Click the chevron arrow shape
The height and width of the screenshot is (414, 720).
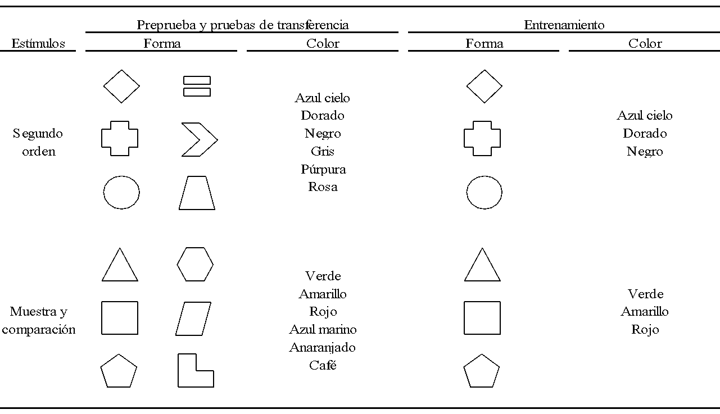click(x=198, y=139)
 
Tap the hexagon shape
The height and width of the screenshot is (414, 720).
click(x=195, y=264)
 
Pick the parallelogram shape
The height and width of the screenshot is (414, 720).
click(x=193, y=319)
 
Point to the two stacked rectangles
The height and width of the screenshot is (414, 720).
click(x=197, y=87)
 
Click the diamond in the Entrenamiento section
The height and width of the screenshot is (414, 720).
click(x=484, y=87)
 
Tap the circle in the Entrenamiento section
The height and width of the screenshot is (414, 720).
click(x=484, y=193)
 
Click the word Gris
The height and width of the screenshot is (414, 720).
click(x=323, y=151)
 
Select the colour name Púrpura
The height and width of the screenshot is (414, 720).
click(x=323, y=169)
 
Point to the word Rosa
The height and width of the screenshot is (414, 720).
click(x=323, y=187)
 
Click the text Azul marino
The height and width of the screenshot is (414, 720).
click(x=323, y=329)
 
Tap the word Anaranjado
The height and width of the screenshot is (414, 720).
click(x=323, y=347)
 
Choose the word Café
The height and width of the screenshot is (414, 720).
click(x=323, y=365)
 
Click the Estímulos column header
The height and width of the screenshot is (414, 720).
click(x=38, y=43)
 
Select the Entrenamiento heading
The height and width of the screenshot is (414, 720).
click(x=564, y=25)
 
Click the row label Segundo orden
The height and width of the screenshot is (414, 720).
click(x=38, y=142)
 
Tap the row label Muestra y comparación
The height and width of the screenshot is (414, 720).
click(x=38, y=320)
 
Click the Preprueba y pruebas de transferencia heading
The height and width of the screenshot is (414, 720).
click(x=242, y=25)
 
